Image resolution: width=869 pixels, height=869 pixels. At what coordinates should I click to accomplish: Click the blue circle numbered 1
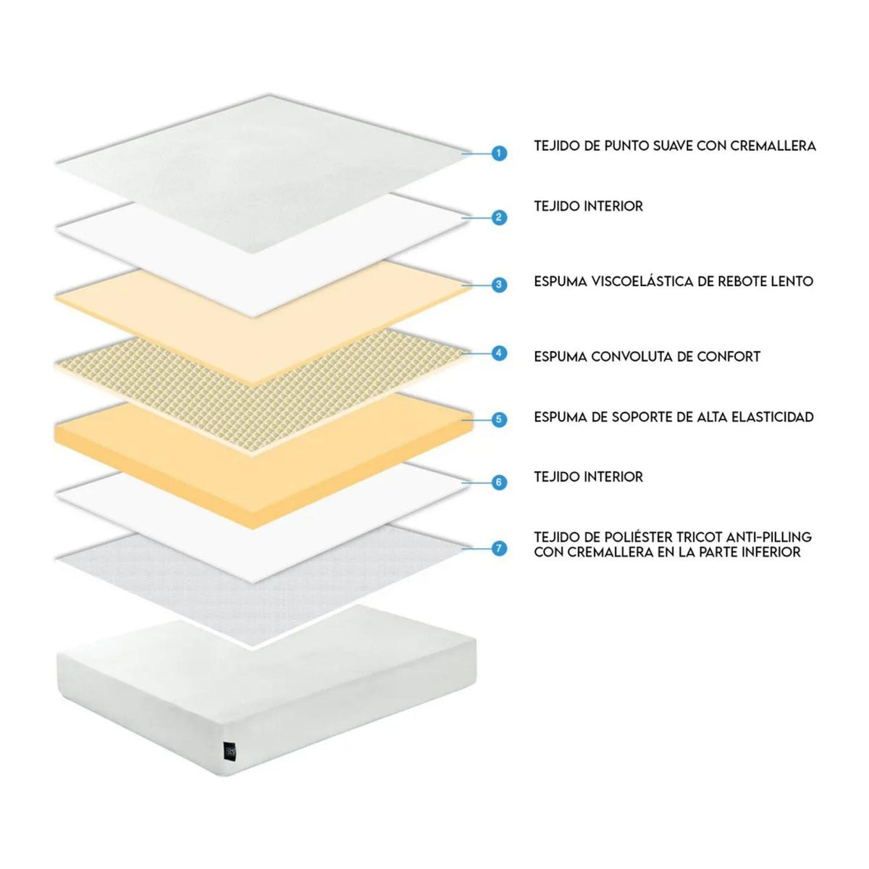click(x=498, y=154)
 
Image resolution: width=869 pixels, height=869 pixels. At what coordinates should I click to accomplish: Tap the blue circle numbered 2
click(x=498, y=217)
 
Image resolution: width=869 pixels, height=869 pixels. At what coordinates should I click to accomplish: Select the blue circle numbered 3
click(x=498, y=285)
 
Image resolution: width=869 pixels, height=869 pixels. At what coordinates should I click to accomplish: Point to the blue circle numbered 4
click(x=498, y=353)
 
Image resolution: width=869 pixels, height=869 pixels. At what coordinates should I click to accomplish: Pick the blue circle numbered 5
click(x=498, y=419)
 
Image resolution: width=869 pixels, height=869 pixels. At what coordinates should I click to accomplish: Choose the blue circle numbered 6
click(x=498, y=482)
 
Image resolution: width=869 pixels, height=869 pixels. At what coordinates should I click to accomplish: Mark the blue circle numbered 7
click(x=498, y=548)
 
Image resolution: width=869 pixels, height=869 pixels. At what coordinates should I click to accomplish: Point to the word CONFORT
click(x=729, y=356)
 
